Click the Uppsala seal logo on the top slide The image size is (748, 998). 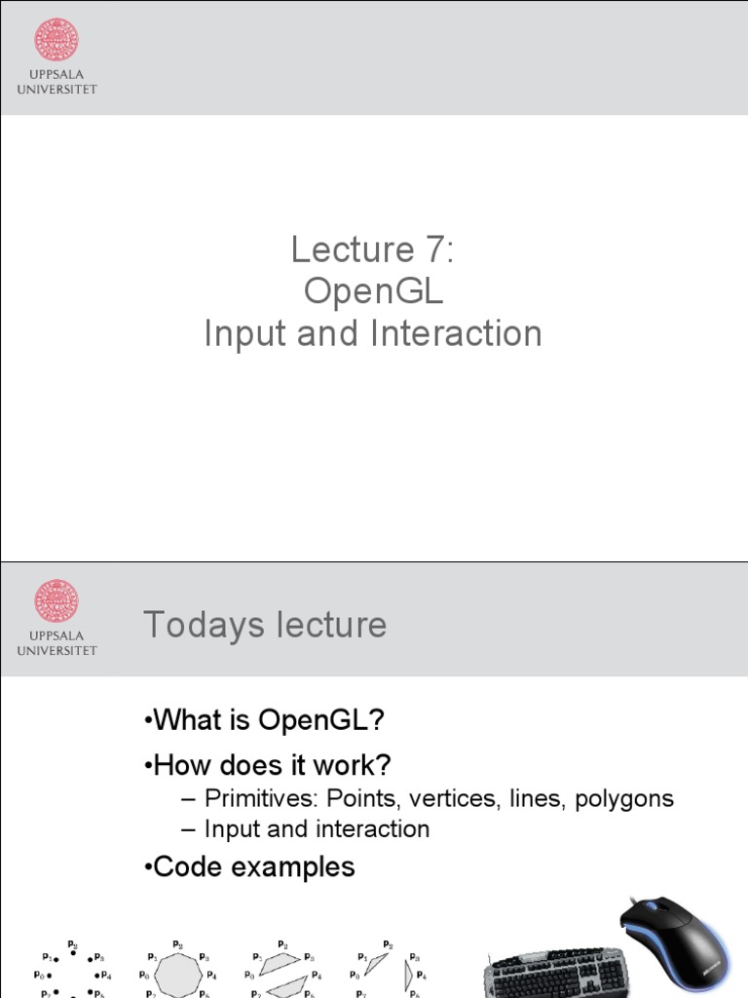56,40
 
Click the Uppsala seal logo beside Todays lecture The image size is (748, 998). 56,601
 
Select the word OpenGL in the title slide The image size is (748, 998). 373,291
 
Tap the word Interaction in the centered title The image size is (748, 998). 456,333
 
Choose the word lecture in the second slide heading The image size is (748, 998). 330,625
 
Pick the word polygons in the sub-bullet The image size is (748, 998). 624,799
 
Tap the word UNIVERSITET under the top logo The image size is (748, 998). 56,90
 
